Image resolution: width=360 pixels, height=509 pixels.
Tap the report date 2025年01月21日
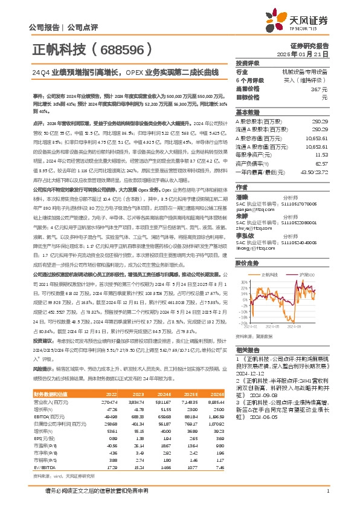click(310, 54)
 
